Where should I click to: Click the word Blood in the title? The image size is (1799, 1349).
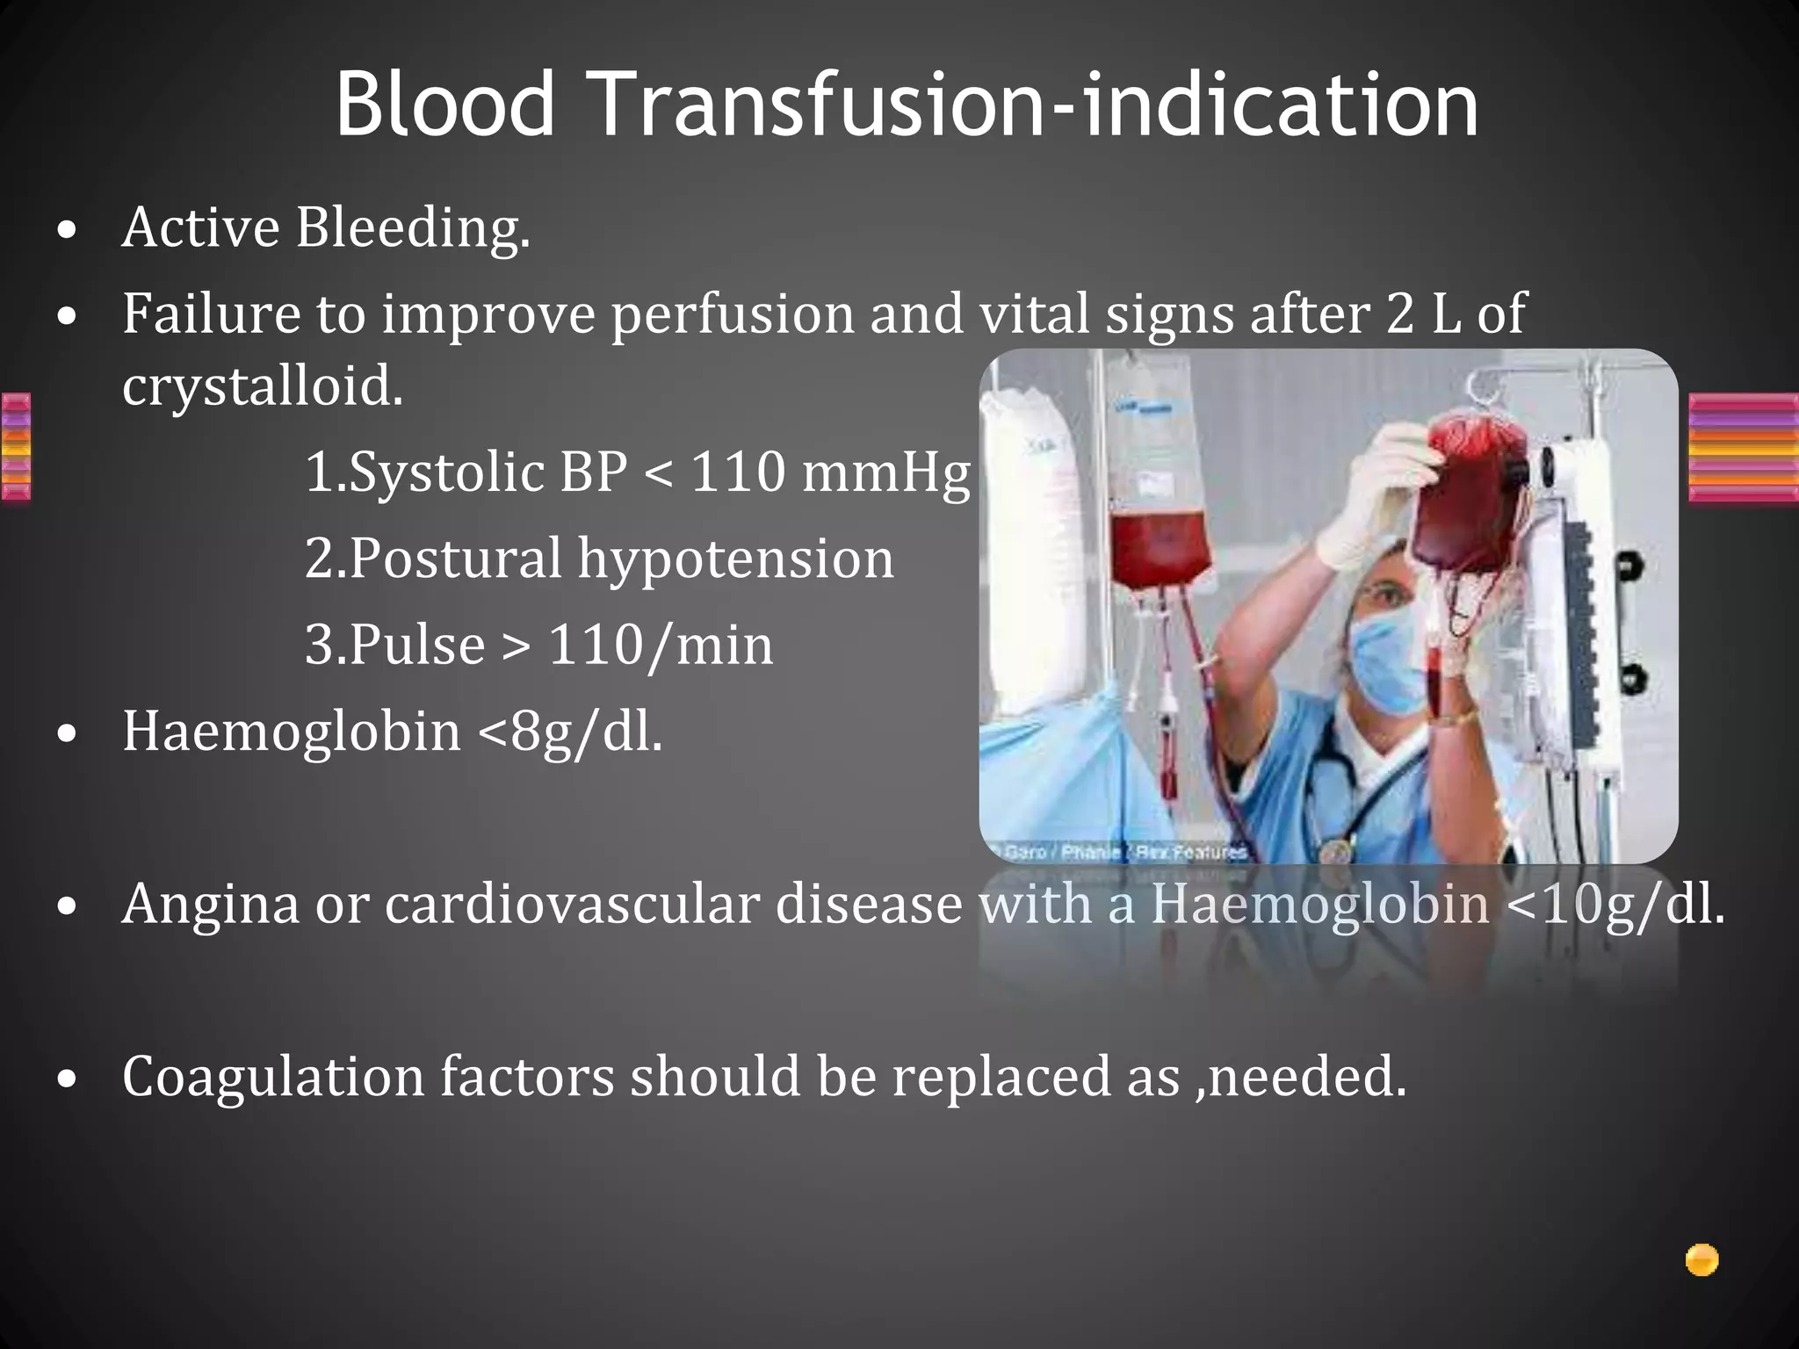pos(445,105)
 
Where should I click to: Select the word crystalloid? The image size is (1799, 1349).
pos(263,386)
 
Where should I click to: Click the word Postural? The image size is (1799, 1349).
pos(433,559)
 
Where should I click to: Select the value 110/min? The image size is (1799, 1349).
pos(661,646)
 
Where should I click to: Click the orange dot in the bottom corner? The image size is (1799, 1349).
pos(1701,1260)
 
